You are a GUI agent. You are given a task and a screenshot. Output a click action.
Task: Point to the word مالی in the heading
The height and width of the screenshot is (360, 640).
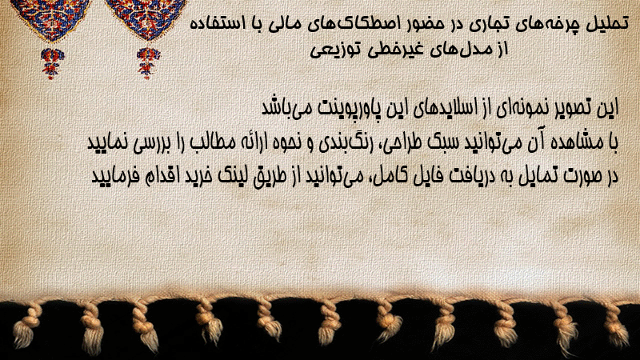tap(285, 24)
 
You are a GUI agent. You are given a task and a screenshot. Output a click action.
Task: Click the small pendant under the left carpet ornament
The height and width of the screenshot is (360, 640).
tap(52, 62)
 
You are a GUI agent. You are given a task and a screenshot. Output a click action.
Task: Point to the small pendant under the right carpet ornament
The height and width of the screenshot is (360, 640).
tap(148, 62)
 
